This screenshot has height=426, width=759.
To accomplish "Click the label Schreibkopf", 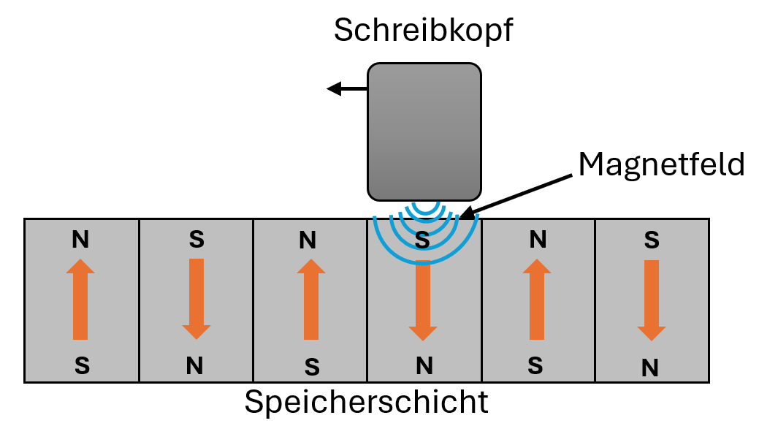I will click(423, 31).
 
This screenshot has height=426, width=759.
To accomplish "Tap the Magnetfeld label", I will click(661, 165).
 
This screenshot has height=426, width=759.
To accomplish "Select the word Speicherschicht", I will click(366, 403).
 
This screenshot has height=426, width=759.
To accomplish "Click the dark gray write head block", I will click(424, 132).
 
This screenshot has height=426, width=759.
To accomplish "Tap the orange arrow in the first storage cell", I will click(81, 299).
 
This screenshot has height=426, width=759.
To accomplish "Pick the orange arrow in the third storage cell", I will click(310, 299).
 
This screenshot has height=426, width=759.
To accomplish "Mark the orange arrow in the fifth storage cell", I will click(537, 299).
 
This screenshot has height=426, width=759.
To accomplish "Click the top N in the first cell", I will click(81, 239).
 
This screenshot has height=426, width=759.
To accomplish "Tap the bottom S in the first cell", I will click(82, 365).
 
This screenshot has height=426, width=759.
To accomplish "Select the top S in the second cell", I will click(196, 239).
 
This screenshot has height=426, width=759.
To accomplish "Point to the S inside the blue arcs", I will click(423, 239).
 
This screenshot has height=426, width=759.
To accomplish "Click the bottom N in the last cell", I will click(650, 368).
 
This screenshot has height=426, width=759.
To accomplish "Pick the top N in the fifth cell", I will click(538, 239).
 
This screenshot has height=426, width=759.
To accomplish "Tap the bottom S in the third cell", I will click(311, 365).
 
